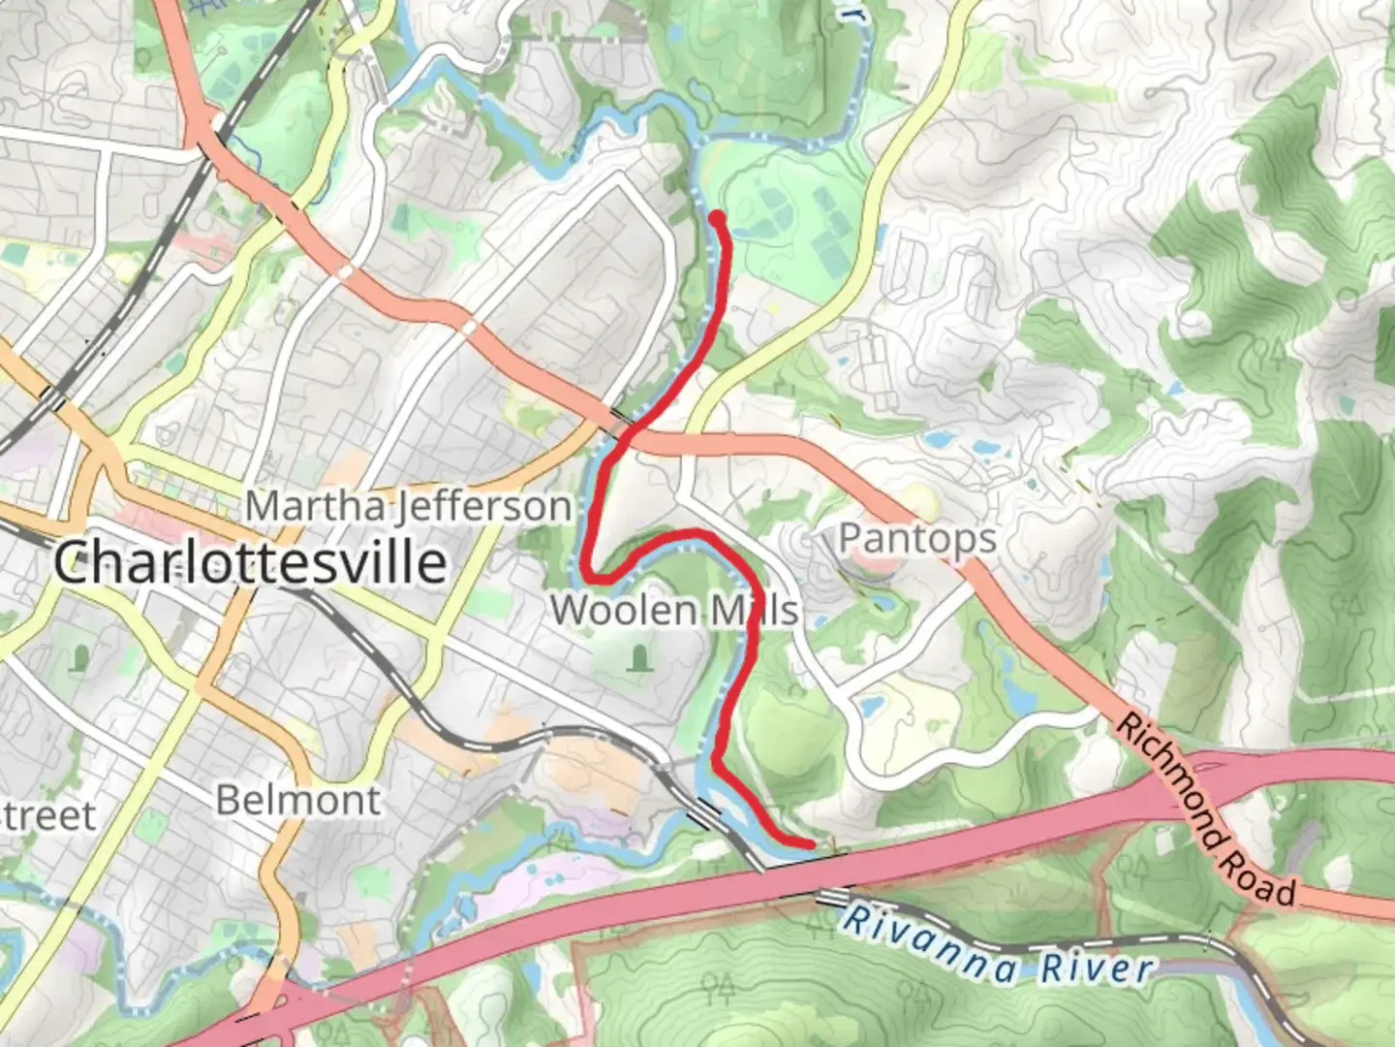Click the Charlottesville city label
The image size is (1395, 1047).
250,563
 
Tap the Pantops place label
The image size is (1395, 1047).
916,538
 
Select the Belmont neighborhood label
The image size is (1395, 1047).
297,801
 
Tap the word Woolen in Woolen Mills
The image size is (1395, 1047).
624,610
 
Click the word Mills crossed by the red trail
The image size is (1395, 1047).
755,611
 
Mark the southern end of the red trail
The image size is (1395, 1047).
809,844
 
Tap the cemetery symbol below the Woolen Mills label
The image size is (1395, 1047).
637,660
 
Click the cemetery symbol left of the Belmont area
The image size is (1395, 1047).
78,660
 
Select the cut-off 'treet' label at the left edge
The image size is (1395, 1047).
46,814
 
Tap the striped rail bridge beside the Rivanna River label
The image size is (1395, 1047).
833,897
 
